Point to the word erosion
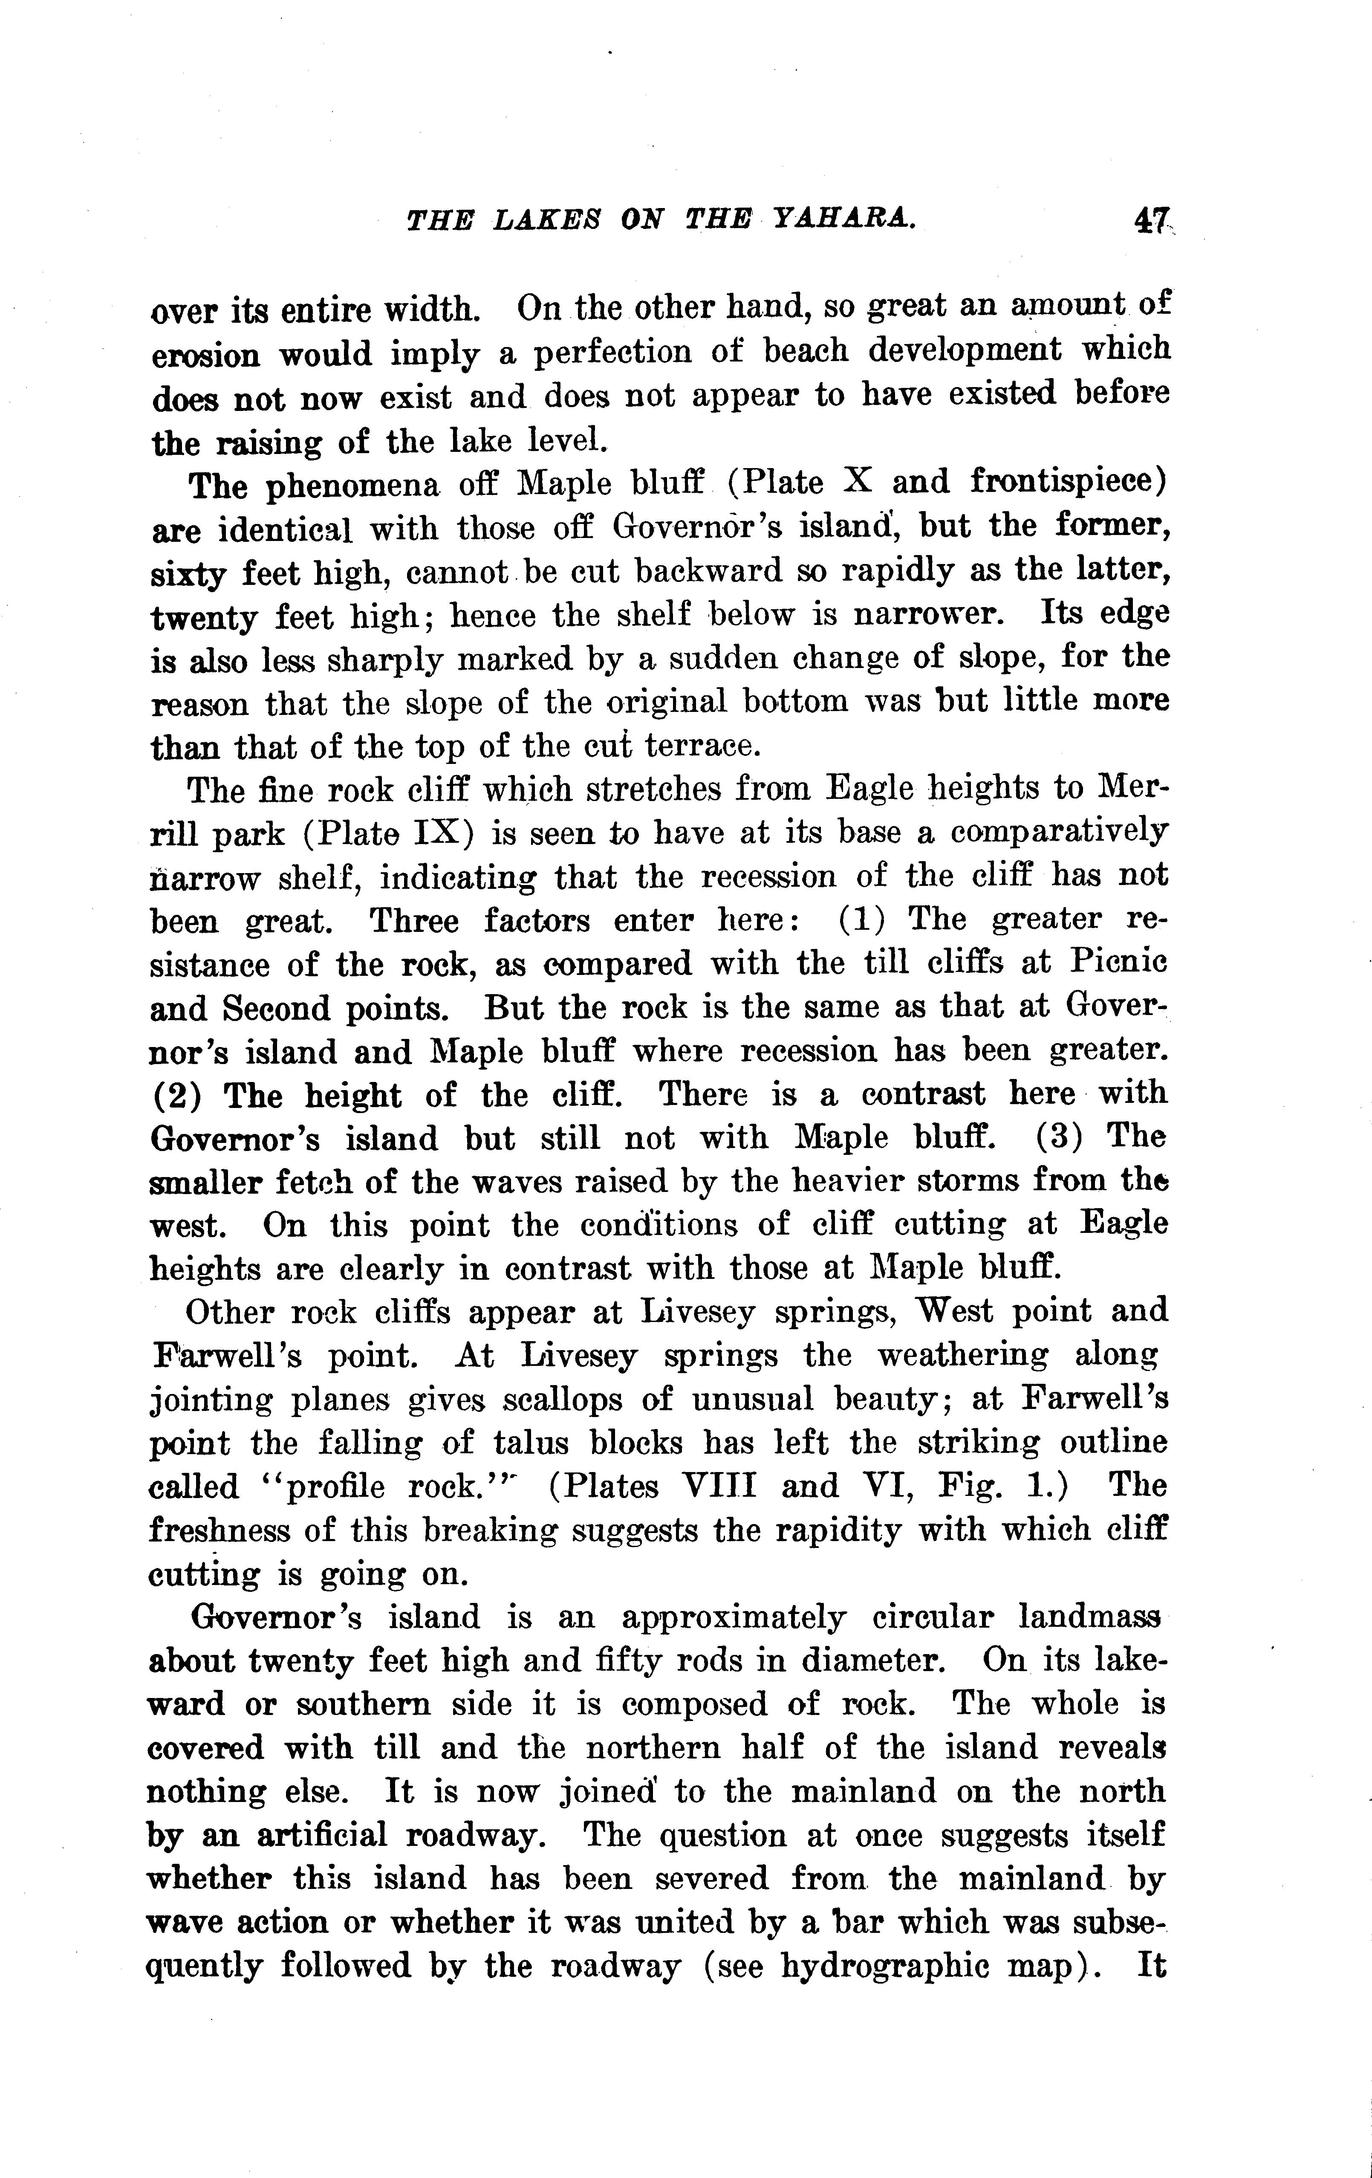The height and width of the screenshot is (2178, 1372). pyautogui.click(x=205, y=355)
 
